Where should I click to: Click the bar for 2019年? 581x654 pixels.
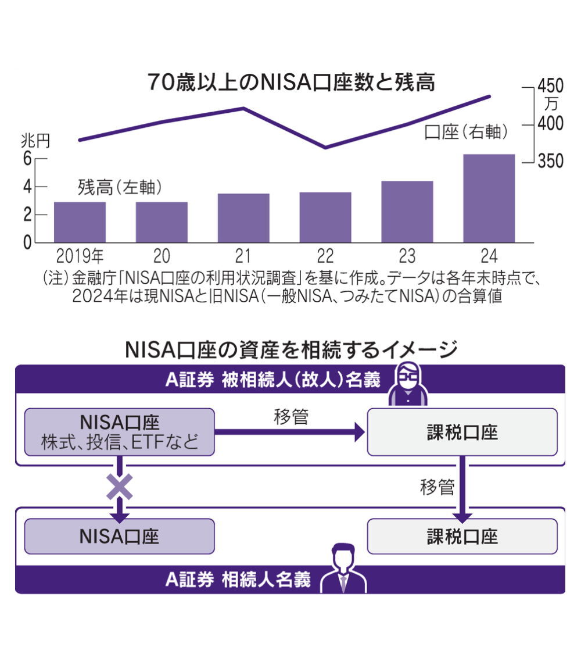(80, 222)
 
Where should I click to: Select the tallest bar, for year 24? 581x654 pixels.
(489, 198)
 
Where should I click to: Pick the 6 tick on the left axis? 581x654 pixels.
(27, 159)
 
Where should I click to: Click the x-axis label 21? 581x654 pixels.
(243, 255)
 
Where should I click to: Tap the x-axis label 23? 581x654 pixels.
(407, 255)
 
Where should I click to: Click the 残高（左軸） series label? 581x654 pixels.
(120, 187)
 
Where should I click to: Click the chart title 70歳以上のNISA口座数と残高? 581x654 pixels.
(290, 83)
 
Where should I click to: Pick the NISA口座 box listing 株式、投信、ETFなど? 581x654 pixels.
(120, 431)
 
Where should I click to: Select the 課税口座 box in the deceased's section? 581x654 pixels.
(462, 431)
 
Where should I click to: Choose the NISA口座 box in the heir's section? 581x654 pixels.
(120, 536)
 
